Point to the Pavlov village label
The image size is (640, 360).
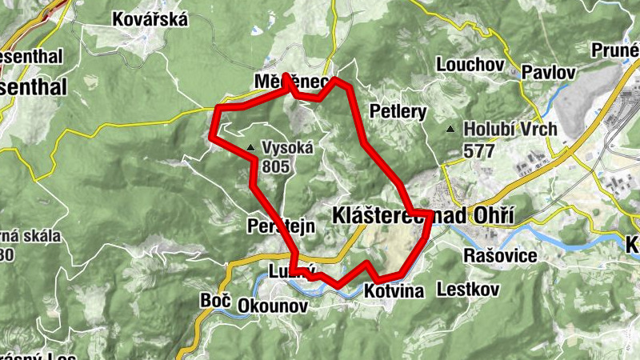(549, 72)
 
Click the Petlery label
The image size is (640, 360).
(398, 110)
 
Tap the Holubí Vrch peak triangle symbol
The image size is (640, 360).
(452, 129)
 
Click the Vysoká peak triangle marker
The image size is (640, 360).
(251, 147)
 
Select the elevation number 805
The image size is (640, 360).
(274, 166)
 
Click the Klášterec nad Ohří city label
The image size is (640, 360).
(422, 214)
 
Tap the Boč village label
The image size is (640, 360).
(214, 301)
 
